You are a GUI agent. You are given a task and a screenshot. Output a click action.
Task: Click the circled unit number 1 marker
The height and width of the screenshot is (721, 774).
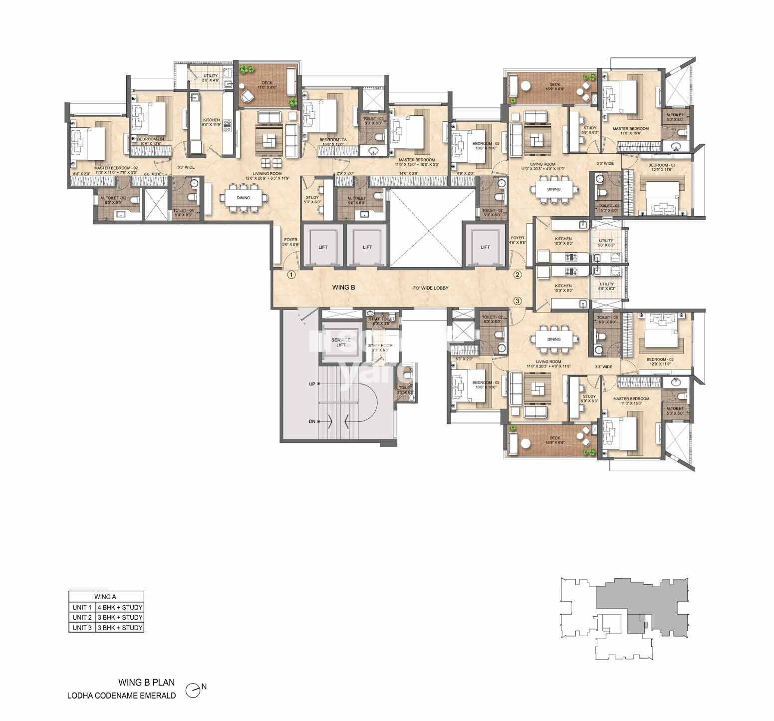291,275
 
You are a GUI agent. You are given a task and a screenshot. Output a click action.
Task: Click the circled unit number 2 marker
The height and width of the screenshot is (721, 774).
517,274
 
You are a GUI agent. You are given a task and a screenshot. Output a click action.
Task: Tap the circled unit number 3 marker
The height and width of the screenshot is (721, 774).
517,301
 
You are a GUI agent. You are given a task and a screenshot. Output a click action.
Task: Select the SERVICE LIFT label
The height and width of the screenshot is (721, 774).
341,343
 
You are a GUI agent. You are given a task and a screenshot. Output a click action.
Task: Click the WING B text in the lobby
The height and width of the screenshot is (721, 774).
343,288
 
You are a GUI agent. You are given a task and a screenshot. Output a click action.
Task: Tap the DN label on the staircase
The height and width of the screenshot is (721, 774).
312,421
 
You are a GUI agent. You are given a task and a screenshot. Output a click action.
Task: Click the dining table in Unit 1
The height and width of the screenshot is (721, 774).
244,198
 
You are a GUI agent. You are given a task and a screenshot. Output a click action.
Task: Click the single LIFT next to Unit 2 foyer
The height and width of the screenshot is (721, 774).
485,247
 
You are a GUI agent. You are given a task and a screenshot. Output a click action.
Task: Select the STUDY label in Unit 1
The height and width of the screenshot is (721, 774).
312,198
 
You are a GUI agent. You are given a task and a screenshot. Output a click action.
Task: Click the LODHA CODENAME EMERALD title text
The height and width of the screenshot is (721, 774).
122,696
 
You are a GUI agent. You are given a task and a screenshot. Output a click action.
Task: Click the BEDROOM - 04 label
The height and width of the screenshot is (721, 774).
150,139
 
